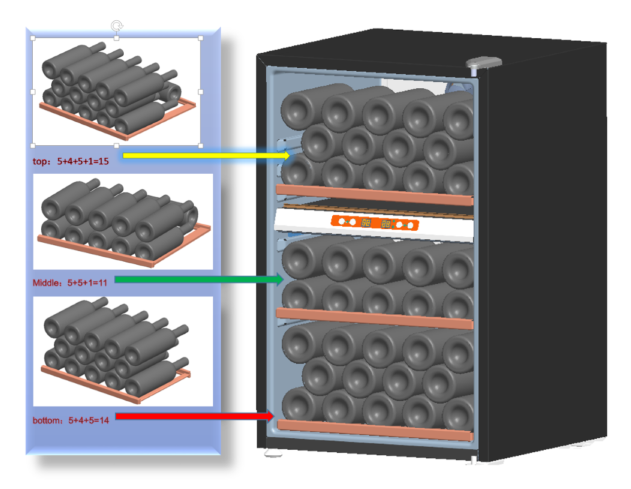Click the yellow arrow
(206, 155)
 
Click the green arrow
(199, 279)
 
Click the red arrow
(195, 416)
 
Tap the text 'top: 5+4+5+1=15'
(70, 161)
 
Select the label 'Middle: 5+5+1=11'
(70, 282)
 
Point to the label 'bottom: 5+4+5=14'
(70, 420)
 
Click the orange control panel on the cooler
(375, 223)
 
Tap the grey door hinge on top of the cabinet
(484, 63)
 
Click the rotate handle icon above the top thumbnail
(117, 26)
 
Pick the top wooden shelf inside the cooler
(375, 195)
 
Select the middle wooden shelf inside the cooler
(375, 318)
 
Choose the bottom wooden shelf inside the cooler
(375, 430)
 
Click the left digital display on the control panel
(366, 223)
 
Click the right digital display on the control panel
(386, 224)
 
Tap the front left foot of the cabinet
(273, 454)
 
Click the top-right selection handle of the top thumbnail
(201, 38)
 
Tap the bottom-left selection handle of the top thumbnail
(33, 145)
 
